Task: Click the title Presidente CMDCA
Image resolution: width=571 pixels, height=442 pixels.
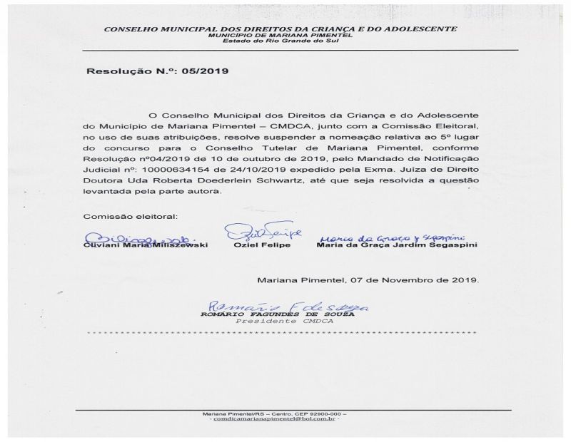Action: pyautogui.click(x=284, y=322)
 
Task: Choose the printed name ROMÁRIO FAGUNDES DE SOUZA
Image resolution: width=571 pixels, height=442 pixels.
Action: pyautogui.click(x=284, y=314)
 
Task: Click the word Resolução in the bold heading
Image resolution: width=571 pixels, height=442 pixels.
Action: pyautogui.click(x=115, y=72)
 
